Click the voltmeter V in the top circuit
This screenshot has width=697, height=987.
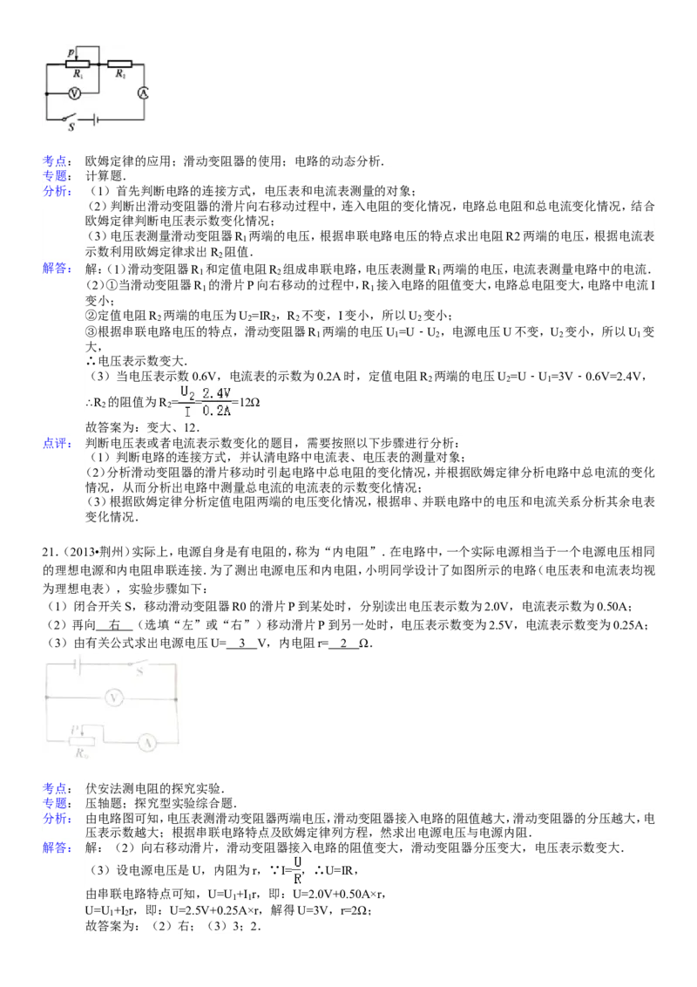pos(74,94)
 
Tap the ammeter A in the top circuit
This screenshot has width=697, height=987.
pos(144,93)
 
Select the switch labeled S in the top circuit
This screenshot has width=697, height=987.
pos(69,119)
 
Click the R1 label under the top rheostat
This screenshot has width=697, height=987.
pos(78,74)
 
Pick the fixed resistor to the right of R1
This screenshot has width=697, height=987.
pos(119,64)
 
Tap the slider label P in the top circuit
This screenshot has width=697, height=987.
pos(71,52)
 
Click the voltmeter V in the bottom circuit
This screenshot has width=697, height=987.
pos(114,698)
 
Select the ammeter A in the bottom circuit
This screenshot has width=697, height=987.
pos(147,743)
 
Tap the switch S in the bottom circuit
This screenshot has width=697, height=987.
pos(139,666)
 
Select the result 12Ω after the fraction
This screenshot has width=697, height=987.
pos(250,402)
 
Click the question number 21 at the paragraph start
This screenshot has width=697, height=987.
pos(48,552)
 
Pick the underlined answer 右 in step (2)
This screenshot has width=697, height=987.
pos(114,625)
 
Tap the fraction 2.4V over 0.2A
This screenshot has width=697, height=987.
pos(216,402)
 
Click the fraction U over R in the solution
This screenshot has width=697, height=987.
pos(298,869)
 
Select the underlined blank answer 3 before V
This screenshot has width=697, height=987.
pos(242,643)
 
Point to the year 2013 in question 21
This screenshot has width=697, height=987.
pos(76,552)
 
